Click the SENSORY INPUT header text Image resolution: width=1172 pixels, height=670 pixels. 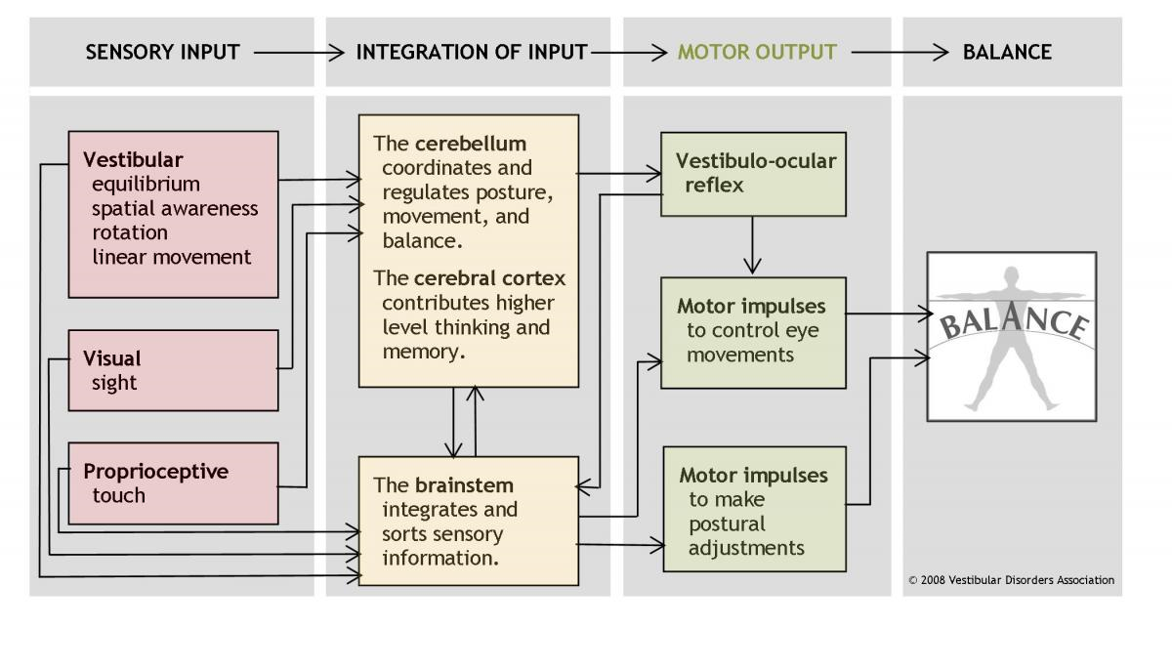(162, 52)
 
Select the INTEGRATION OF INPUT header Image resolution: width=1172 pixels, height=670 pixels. (472, 52)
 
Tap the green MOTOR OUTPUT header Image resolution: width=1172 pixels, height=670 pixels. (757, 52)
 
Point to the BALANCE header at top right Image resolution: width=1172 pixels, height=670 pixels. (1007, 52)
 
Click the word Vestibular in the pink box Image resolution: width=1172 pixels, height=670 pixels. (133, 159)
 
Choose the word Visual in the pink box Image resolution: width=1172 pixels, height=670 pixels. (112, 358)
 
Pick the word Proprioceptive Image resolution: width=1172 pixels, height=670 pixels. (155, 471)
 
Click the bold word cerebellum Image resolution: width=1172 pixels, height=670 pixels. (471, 144)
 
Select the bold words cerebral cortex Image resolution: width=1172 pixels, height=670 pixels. (490, 277)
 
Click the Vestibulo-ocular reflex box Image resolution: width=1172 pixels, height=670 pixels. (753, 173)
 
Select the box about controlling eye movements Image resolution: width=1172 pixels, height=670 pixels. (753, 331)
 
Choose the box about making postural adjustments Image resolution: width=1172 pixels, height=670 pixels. (754, 509)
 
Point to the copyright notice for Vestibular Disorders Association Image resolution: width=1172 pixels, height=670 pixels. (1011, 579)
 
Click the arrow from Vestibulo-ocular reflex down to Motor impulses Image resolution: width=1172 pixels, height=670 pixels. (752, 244)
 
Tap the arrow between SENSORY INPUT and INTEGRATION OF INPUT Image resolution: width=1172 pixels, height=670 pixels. (297, 52)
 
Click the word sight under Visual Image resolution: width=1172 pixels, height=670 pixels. (114, 383)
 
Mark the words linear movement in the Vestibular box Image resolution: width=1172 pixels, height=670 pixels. (172, 257)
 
